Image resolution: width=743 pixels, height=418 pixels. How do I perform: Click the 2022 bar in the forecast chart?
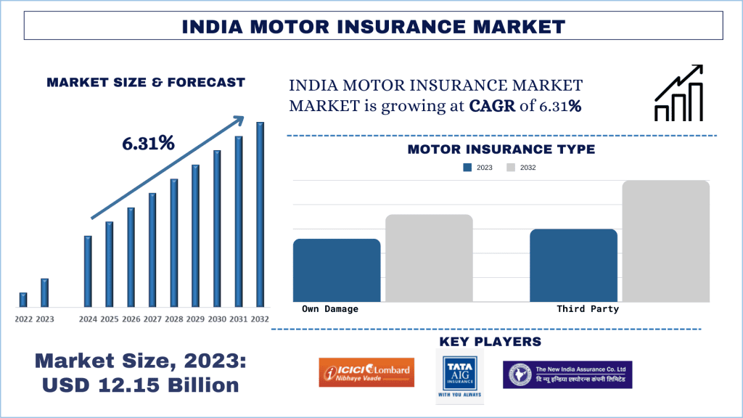click(x=23, y=300)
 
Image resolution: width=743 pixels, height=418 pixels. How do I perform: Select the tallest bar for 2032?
click(x=260, y=214)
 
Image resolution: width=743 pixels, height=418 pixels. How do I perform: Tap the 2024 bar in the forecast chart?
click(x=88, y=271)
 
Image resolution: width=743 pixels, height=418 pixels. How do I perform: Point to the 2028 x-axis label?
click(x=173, y=319)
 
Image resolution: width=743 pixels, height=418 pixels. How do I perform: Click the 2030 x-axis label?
click(x=216, y=319)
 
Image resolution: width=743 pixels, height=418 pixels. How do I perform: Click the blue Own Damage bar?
click(x=337, y=270)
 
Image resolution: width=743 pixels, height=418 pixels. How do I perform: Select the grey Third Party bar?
click(x=665, y=241)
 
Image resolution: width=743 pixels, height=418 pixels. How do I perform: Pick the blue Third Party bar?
click(x=573, y=265)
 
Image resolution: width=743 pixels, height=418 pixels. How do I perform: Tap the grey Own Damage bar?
click(x=429, y=258)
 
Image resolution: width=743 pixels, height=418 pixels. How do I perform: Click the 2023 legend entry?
click(x=478, y=168)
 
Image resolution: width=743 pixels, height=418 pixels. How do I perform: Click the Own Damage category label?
click(x=330, y=309)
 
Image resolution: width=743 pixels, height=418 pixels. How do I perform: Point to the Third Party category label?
click(x=588, y=309)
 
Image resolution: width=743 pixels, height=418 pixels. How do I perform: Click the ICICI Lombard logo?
click(x=366, y=372)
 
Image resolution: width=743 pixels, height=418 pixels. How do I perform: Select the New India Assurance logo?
click(x=567, y=374)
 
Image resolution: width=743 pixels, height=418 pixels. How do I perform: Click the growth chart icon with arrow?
click(x=678, y=94)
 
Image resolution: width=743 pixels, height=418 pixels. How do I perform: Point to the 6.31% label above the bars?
click(x=148, y=144)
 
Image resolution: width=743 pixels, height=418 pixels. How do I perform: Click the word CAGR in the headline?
click(x=492, y=106)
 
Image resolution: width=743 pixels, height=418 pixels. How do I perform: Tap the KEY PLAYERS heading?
click(x=490, y=341)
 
